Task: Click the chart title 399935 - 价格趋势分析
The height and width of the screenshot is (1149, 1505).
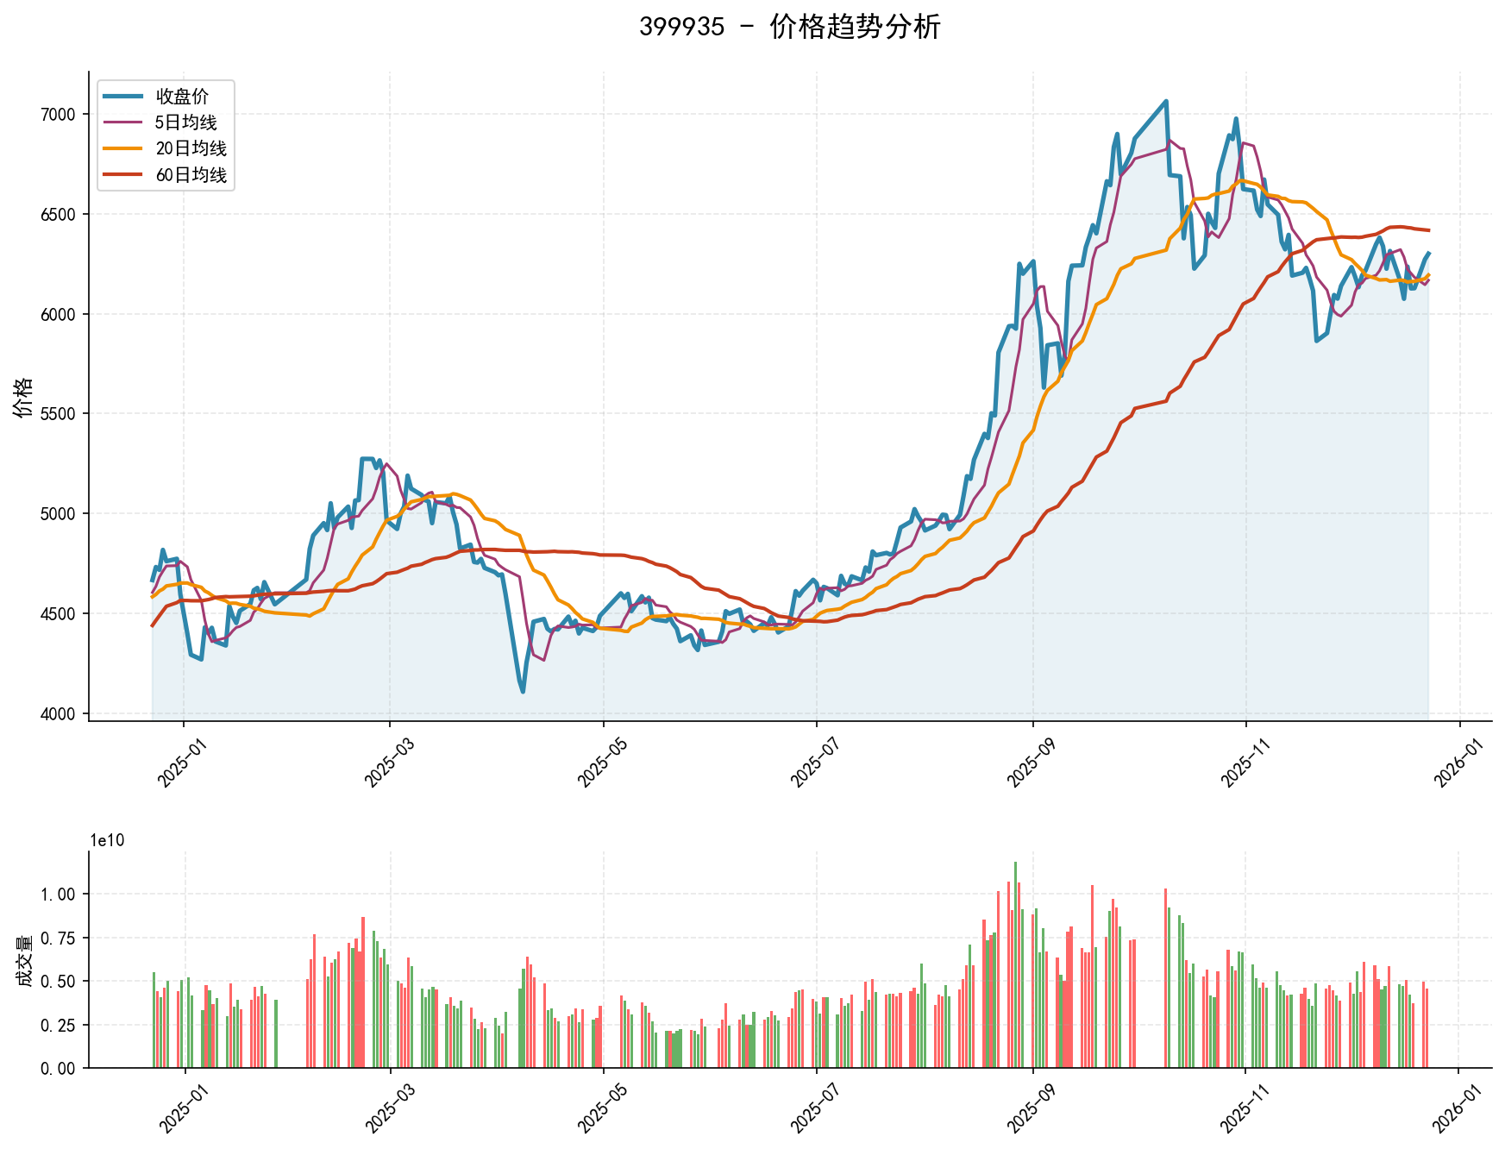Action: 789,27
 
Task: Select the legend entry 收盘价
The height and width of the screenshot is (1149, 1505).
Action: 181,97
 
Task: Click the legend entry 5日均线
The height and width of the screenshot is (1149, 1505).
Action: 185,122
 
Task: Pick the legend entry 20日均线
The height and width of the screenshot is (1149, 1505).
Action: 191,148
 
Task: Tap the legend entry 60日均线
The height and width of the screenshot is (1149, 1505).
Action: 191,175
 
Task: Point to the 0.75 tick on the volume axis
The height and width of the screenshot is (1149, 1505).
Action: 59,938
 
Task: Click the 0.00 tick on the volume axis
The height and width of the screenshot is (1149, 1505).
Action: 59,1069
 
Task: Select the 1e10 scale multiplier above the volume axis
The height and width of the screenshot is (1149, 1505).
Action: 107,841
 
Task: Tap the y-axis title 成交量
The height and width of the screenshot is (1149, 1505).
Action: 23,960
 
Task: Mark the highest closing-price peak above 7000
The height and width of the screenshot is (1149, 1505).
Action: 1166,101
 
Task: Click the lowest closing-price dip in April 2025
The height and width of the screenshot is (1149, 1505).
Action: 523,691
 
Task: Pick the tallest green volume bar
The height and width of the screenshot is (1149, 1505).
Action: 1015,863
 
